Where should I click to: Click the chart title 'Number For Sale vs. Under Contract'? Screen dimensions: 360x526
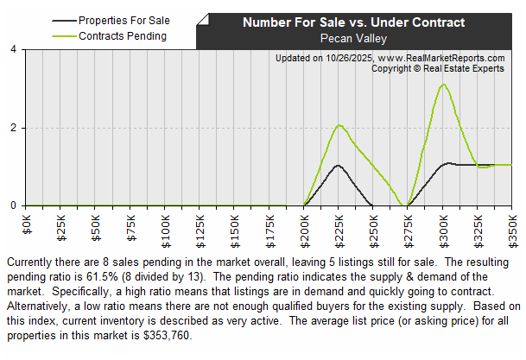(352, 22)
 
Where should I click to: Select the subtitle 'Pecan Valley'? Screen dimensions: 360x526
(352, 38)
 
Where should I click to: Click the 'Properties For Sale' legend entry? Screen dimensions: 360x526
(124, 19)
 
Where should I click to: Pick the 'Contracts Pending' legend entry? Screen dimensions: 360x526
(122, 36)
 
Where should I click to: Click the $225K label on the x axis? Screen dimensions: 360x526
(339, 222)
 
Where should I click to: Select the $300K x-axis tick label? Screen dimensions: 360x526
(442, 222)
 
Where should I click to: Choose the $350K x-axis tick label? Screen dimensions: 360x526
(511, 222)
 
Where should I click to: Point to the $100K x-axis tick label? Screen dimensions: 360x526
(165, 222)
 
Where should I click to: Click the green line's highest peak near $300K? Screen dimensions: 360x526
(442, 85)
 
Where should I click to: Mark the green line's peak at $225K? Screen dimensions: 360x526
(339, 125)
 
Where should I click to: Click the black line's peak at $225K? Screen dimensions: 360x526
(338, 165)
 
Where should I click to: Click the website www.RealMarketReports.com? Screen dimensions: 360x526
(440, 58)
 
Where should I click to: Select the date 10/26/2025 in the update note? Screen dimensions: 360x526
(348, 58)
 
